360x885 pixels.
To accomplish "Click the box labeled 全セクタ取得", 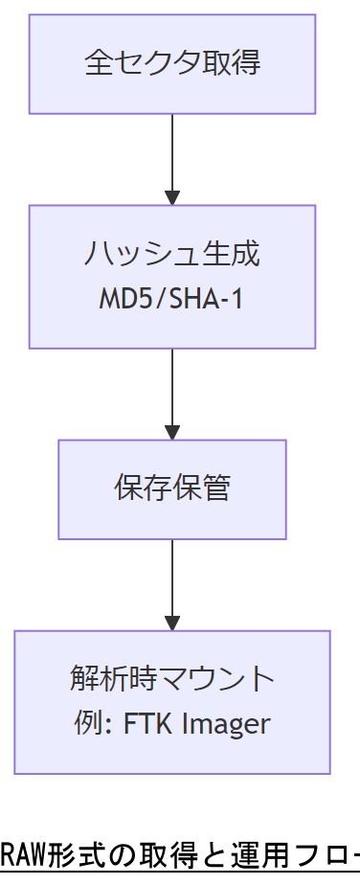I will coord(172,64).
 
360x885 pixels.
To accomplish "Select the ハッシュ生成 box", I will coord(172,276).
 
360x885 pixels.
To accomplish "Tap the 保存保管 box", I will coord(172,488).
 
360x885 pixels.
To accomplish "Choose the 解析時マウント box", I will coord(172,701).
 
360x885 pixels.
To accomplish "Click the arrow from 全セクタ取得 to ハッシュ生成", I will coord(172,158).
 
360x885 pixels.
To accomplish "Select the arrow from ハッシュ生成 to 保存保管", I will coord(172,393).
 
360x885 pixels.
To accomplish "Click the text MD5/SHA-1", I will coord(172,299).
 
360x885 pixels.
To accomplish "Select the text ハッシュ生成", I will coord(172,255).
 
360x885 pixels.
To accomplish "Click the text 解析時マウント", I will coord(172,679).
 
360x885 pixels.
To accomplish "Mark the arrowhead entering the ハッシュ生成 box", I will coord(172,198).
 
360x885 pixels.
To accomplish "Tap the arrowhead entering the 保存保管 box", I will coord(172,433).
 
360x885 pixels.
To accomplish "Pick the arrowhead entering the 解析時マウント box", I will coord(172,624).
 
